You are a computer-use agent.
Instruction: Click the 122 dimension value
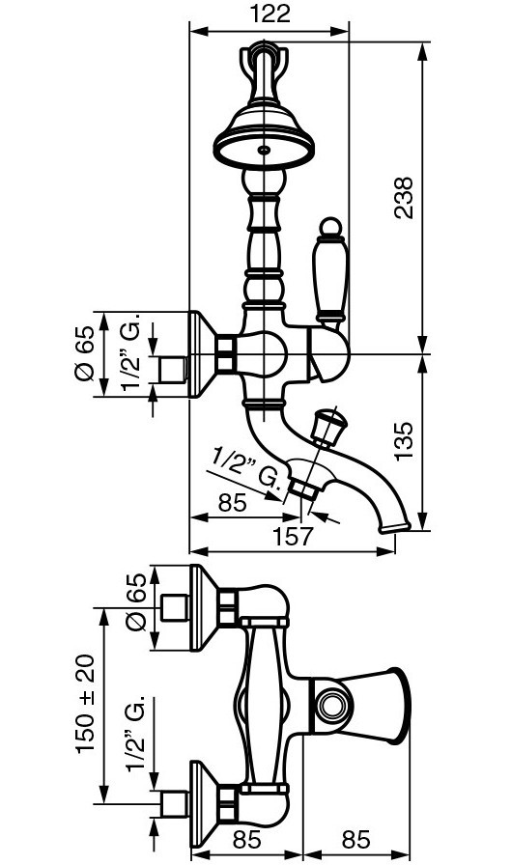(x=270, y=14)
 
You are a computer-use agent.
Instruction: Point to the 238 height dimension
(x=404, y=198)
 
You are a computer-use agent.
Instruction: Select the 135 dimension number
(x=404, y=441)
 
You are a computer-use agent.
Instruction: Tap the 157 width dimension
(x=293, y=536)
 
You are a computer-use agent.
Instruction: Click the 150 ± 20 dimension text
(x=86, y=704)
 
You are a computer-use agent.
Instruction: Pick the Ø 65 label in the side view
(x=84, y=353)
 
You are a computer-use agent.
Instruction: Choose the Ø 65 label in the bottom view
(x=136, y=602)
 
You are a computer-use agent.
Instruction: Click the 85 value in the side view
(x=233, y=503)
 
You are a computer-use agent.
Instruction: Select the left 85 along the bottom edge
(x=246, y=839)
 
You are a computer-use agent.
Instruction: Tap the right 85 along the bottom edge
(x=355, y=839)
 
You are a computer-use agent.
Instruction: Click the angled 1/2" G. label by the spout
(x=248, y=469)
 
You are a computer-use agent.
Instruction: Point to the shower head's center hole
(x=265, y=150)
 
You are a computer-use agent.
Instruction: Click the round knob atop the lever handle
(x=330, y=226)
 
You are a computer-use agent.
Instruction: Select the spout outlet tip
(x=395, y=528)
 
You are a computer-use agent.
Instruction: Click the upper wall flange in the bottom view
(x=204, y=607)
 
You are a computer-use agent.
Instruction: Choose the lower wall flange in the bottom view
(x=204, y=803)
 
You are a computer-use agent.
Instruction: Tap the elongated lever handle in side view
(x=330, y=277)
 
